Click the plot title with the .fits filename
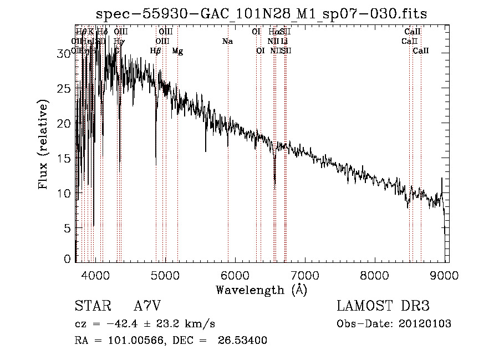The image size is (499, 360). click(x=261, y=13)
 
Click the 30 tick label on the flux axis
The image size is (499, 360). click(x=65, y=53)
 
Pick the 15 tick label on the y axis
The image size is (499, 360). click(x=65, y=158)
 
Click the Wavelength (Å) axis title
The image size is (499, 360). click(x=261, y=290)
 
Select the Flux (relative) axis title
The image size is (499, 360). click(x=44, y=144)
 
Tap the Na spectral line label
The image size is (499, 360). click(x=227, y=42)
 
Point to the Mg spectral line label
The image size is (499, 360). click(x=177, y=51)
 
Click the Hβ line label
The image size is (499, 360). click(x=156, y=51)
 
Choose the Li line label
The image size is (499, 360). click(x=284, y=42)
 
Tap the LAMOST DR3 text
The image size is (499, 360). click(x=383, y=306)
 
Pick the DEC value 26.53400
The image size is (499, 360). click(x=245, y=341)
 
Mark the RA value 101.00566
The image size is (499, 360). click(x=141, y=341)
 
